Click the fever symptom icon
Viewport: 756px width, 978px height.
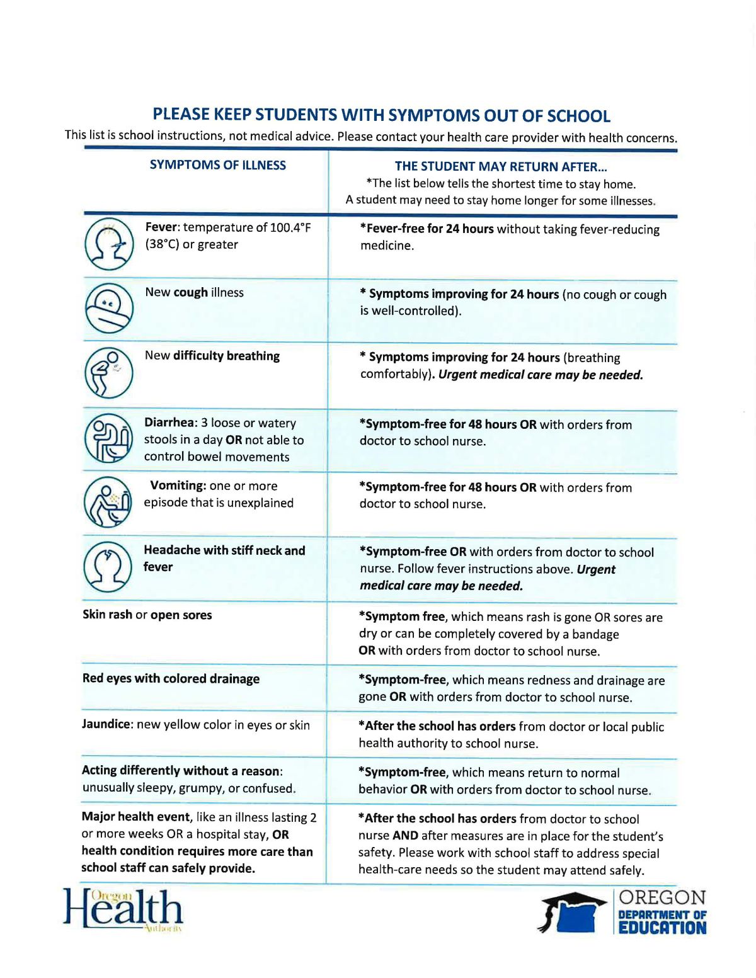(109, 244)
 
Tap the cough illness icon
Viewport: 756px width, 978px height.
(109, 308)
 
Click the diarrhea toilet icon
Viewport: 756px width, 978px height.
(108, 438)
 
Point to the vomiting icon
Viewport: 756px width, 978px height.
(108, 502)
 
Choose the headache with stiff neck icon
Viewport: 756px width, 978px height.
(108, 567)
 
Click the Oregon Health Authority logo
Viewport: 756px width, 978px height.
(123, 909)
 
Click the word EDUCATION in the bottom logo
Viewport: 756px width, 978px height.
(662, 928)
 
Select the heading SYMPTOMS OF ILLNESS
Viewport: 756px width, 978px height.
(218, 165)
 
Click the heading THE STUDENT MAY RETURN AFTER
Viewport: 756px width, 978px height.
(501, 167)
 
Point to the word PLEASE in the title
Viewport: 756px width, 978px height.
(181, 115)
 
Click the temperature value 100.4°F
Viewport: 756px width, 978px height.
(290, 227)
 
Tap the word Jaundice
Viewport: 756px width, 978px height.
(106, 724)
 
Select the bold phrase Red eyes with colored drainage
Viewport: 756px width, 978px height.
(171, 679)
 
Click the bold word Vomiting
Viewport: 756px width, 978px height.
(178, 486)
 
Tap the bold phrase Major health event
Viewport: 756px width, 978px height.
(136, 817)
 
